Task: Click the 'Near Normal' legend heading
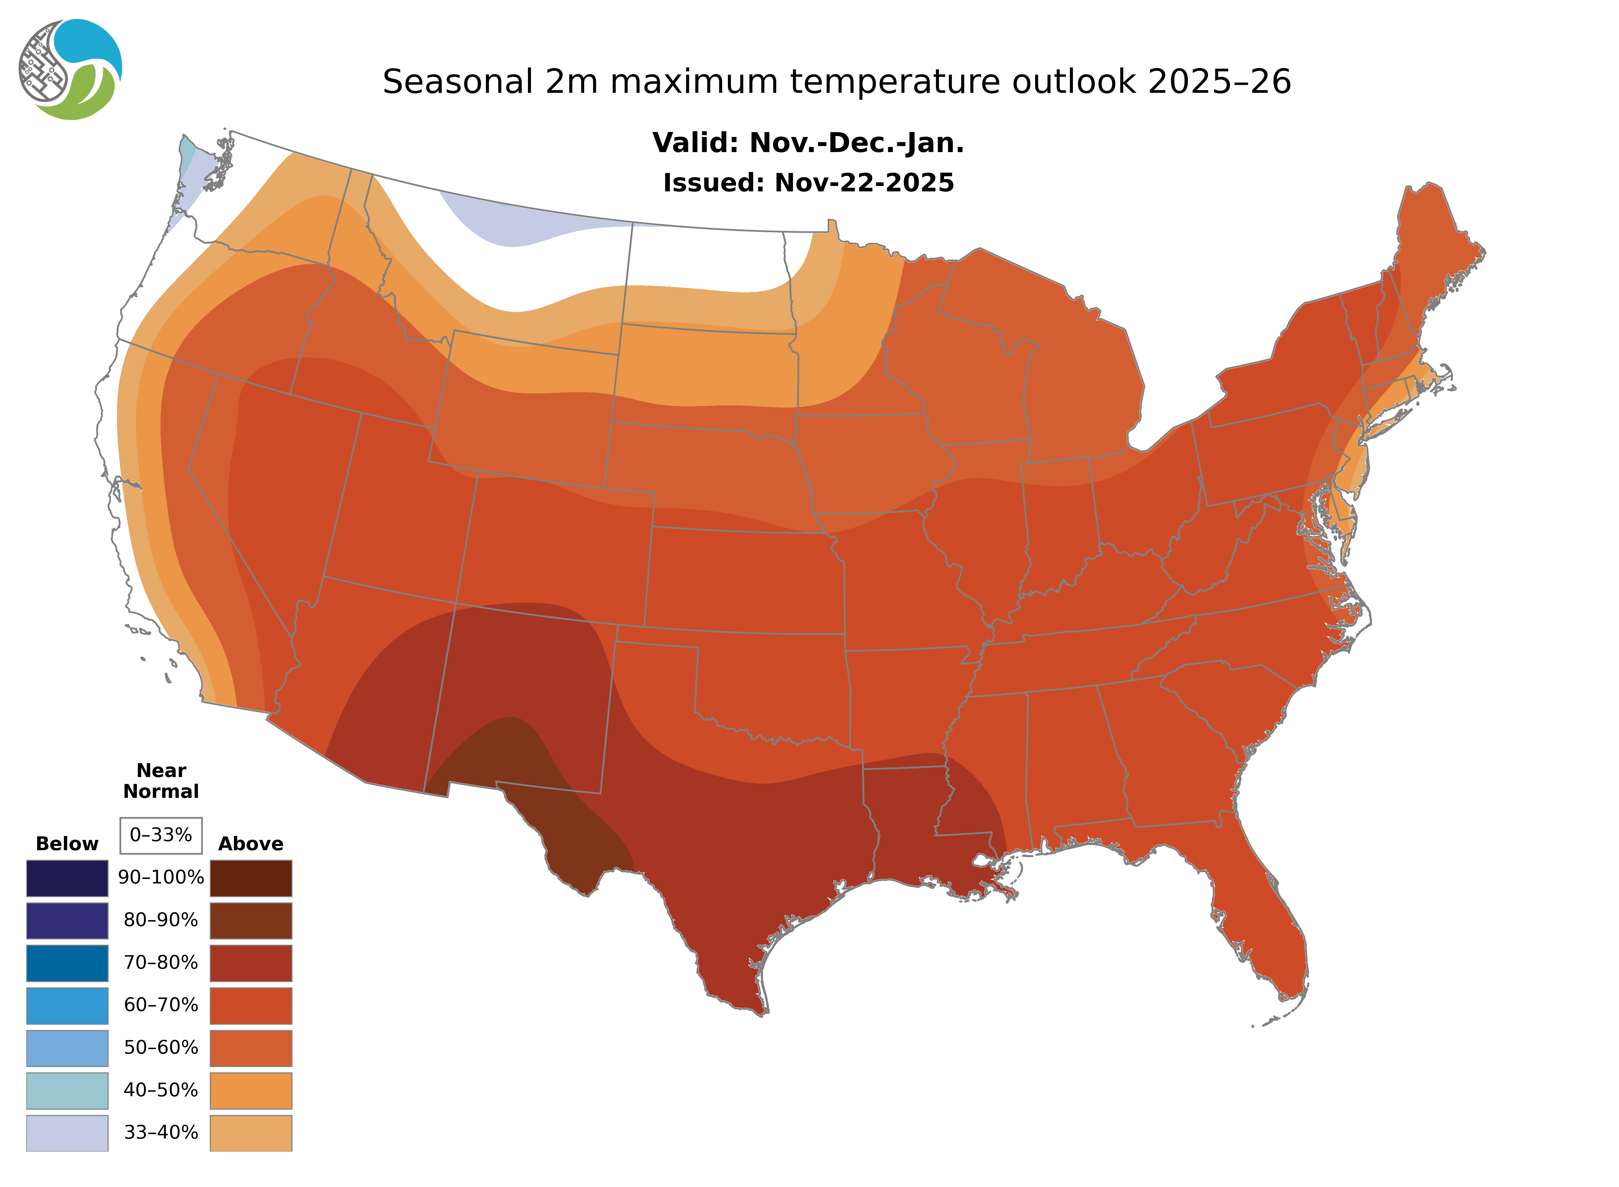point(161,781)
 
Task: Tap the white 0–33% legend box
point(161,835)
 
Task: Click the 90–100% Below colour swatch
point(67,878)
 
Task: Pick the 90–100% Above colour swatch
point(251,878)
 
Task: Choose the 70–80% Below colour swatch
point(67,963)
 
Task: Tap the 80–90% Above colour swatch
point(251,920)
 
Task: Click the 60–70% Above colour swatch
point(251,1005)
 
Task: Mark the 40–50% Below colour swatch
point(67,1090)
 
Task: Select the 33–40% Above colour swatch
point(251,1132)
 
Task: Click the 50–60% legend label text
point(161,1048)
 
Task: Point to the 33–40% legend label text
point(161,1132)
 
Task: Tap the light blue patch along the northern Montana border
point(517,226)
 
